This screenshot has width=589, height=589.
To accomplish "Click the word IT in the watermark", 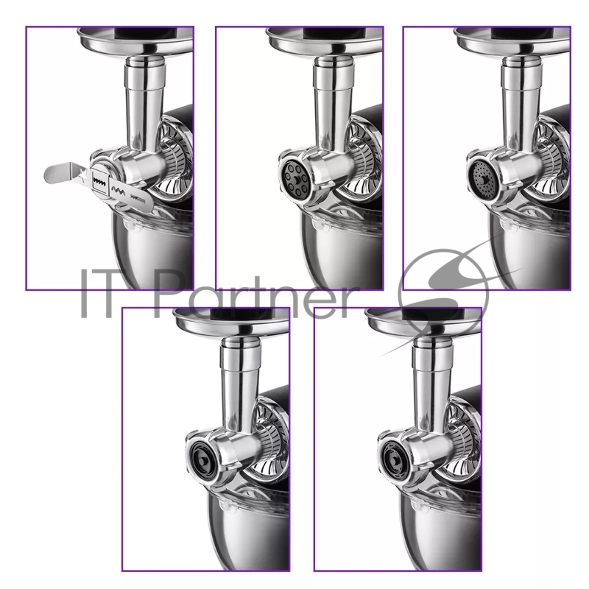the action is [x=96, y=293].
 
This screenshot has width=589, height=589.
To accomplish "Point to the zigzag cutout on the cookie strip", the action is [x=119, y=189].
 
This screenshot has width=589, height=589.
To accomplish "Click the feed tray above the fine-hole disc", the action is [x=512, y=41].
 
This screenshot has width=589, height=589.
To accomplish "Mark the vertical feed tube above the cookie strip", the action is [x=144, y=102].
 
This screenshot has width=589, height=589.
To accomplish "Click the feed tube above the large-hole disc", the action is [x=334, y=102].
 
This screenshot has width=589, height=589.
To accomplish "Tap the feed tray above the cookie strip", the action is [x=135, y=41].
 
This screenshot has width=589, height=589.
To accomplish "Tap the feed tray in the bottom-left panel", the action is [x=230, y=322].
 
